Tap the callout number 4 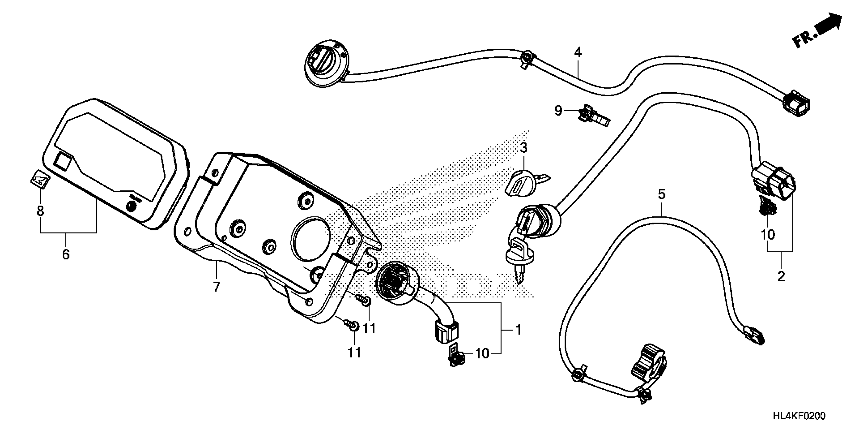578,52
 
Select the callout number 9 558,111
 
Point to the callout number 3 523,147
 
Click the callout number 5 662,194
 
